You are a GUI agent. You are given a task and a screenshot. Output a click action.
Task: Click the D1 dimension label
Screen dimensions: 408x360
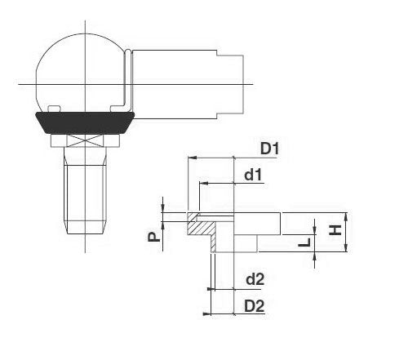(x=269, y=149)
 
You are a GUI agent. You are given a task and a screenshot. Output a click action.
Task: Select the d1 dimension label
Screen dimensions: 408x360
(x=253, y=175)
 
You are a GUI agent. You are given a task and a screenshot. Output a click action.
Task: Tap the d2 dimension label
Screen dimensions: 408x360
(x=255, y=279)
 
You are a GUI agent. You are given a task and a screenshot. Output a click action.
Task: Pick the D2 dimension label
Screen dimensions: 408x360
(x=255, y=306)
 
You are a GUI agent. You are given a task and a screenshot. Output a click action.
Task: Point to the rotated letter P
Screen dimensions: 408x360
(x=153, y=237)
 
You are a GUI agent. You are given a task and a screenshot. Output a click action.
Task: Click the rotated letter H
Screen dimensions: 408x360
(x=335, y=230)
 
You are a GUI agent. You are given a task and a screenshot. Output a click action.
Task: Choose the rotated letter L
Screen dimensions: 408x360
(x=304, y=242)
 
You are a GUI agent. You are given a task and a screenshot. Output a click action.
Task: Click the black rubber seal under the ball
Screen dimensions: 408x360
(x=85, y=122)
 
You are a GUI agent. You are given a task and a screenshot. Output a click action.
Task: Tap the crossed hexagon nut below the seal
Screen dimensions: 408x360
(x=85, y=140)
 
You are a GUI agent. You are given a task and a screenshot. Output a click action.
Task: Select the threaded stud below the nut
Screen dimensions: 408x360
(x=85, y=190)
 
